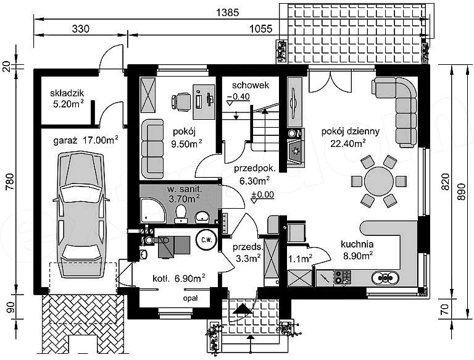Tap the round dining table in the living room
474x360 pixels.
(x=379, y=181)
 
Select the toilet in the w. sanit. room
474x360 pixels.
(x=181, y=213)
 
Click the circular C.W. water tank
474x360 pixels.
(x=207, y=240)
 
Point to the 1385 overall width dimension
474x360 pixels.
(x=228, y=12)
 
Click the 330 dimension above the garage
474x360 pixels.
(x=81, y=29)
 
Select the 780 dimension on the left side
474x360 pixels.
(x=10, y=182)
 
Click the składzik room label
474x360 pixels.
(x=67, y=93)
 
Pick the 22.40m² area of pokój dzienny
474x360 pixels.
(x=348, y=143)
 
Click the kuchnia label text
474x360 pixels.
(x=357, y=244)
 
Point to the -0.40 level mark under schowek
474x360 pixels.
(x=238, y=96)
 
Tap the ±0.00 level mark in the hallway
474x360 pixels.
(x=262, y=195)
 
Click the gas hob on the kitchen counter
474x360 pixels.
(x=343, y=277)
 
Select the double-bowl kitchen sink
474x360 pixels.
(x=385, y=277)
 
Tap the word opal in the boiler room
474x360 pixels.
(x=190, y=298)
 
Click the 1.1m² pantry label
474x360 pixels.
(x=300, y=259)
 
